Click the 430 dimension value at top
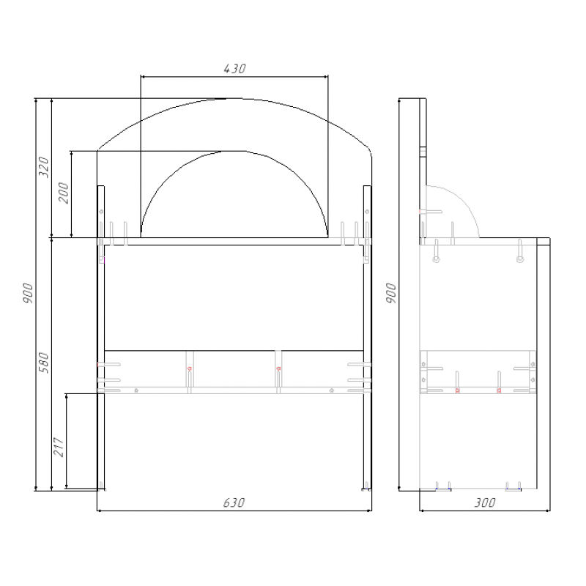click(x=234, y=69)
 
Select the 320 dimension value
click(x=44, y=167)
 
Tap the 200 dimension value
click(x=64, y=193)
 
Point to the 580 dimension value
click(x=44, y=363)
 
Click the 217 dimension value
click(x=59, y=447)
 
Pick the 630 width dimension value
click(x=234, y=502)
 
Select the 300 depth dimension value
click(x=485, y=502)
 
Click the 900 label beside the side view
click(x=390, y=293)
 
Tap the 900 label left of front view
click(x=28, y=293)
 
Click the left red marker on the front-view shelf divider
click(x=190, y=369)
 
